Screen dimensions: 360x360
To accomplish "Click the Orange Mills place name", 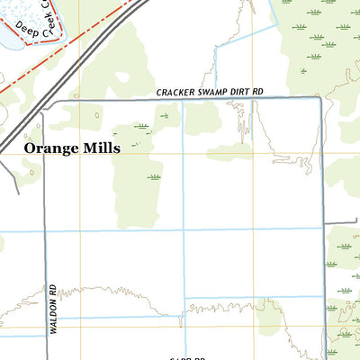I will (71, 148).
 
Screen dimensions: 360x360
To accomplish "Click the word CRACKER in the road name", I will (175, 92).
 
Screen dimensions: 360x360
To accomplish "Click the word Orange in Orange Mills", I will (49, 148).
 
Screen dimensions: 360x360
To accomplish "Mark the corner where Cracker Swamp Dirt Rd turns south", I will (320, 99).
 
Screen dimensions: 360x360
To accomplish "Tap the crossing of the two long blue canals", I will (184, 229).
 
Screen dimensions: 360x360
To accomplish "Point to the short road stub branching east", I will (340, 221).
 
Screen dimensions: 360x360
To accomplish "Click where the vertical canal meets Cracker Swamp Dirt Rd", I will (184, 99).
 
